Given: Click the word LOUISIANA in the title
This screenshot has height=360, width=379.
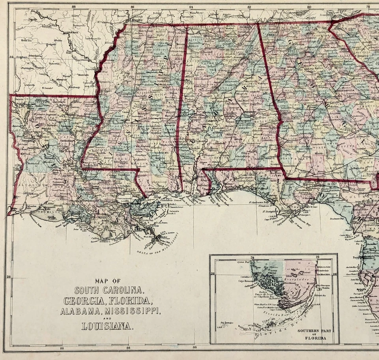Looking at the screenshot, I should [x=107, y=326].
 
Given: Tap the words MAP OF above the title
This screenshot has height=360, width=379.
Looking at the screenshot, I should [x=107, y=281].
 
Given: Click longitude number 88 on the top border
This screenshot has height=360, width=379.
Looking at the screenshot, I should [x=74, y=6].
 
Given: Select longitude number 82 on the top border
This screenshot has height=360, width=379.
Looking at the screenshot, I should [x=250, y=6].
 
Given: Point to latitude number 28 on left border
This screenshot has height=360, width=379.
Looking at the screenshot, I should [x=8, y=277].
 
